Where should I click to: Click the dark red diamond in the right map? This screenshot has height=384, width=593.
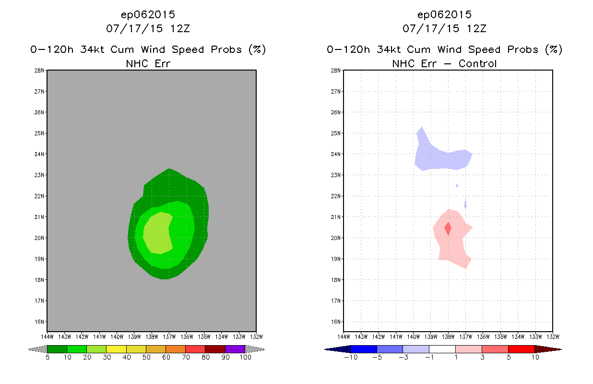tap(448, 228)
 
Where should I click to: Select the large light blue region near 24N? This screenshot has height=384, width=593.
tap(441, 158)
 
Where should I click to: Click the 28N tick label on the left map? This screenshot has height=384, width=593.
tap(41, 71)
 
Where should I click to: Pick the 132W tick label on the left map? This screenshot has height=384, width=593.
tap(256, 336)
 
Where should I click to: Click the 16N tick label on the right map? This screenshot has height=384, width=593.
tap(337, 322)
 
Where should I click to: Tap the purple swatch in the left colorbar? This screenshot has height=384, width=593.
tap(235, 349)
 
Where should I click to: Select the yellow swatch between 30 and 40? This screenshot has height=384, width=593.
tap(116, 349)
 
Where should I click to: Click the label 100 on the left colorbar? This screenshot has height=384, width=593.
tap(245, 358)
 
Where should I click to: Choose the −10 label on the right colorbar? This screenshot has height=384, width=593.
tap(350, 358)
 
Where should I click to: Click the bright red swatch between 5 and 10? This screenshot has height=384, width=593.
tap(521, 349)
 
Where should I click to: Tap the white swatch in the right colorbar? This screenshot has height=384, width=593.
tap(442, 349)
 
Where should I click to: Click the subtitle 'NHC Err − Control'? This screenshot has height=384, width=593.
tap(444, 63)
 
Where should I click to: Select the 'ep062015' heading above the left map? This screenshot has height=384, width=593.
tap(148, 14)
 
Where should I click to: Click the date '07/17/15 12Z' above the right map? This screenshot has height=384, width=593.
tap(444, 28)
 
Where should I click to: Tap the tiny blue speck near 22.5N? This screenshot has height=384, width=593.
tap(457, 185)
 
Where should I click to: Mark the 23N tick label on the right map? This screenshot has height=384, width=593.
tap(337, 175)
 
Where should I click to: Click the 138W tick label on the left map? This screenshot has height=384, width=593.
tap(152, 336)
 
